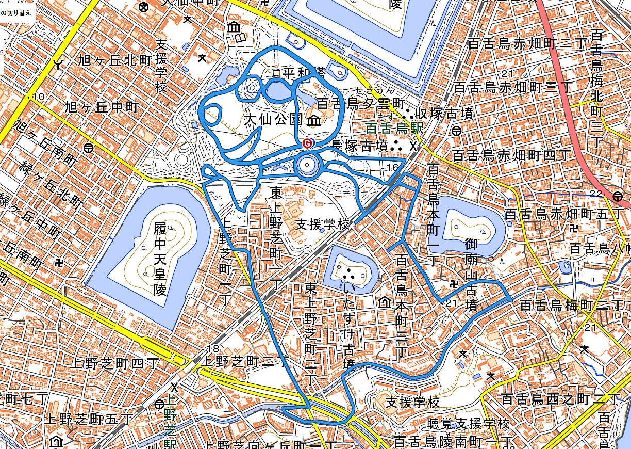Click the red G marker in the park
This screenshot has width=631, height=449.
[307, 143]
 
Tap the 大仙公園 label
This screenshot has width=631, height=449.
[273, 120]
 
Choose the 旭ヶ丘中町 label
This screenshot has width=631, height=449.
[103, 107]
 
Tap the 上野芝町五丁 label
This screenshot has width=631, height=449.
[89, 419]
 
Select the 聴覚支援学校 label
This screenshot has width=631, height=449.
[468, 424]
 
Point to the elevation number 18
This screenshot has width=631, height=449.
[212, 349]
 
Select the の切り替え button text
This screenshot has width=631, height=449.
[15, 13]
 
